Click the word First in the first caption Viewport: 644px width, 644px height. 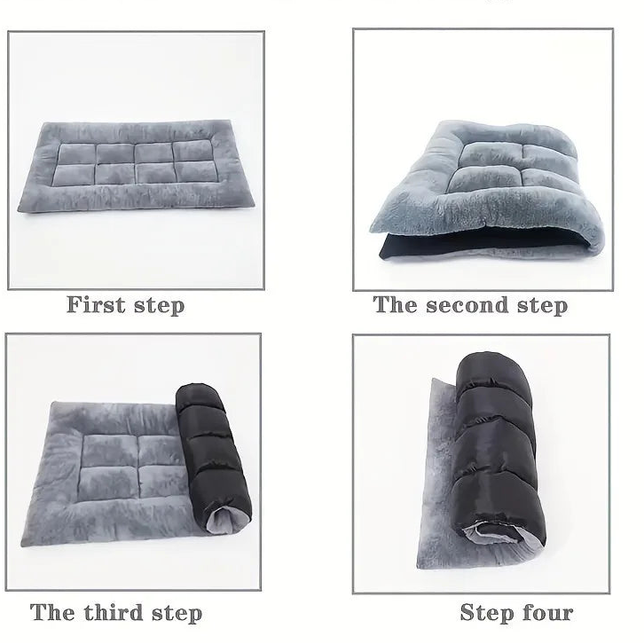click(x=95, y=305)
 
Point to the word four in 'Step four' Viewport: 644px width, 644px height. click(x=545, y=612)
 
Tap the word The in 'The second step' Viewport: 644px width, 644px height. click(x=395, y=305)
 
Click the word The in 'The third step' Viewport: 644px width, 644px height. click(x=51, y=612)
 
